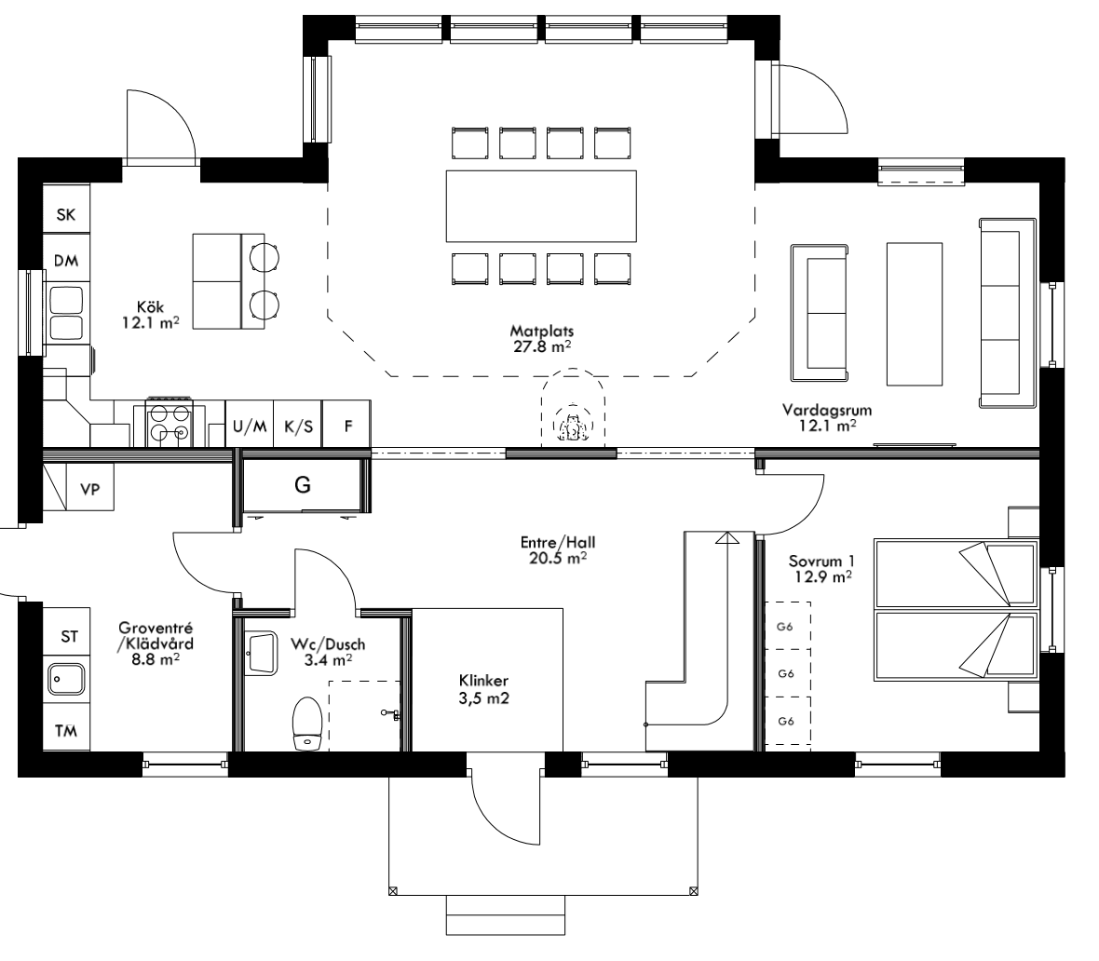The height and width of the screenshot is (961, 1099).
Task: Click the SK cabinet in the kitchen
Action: point(66,215)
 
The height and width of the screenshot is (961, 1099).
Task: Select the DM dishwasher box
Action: point(66,262)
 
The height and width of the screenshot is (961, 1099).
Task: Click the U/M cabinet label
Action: point(250,426)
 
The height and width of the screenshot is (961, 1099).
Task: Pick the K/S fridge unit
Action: point(298,426)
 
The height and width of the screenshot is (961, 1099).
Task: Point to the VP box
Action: point(89,488)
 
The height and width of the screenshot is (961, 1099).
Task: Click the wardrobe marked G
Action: point(303,485)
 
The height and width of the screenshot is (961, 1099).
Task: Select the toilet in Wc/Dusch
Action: point(306,724)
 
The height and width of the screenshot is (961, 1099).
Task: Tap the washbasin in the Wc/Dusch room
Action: point(260,653)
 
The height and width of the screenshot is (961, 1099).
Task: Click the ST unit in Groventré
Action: point(69,637)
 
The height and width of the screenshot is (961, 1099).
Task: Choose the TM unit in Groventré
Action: point(66,730)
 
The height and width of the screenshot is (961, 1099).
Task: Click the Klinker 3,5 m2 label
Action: point(482,688)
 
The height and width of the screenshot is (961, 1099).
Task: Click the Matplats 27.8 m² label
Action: point(540,338)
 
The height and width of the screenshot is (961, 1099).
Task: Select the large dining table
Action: point(541,205)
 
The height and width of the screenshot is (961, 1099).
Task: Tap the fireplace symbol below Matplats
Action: point(571,424)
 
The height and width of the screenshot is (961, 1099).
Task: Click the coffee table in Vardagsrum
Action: point(915,313)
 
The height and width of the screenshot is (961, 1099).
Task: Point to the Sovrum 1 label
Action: point(821,569)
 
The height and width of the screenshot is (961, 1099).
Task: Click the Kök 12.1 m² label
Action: point(150,314)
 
